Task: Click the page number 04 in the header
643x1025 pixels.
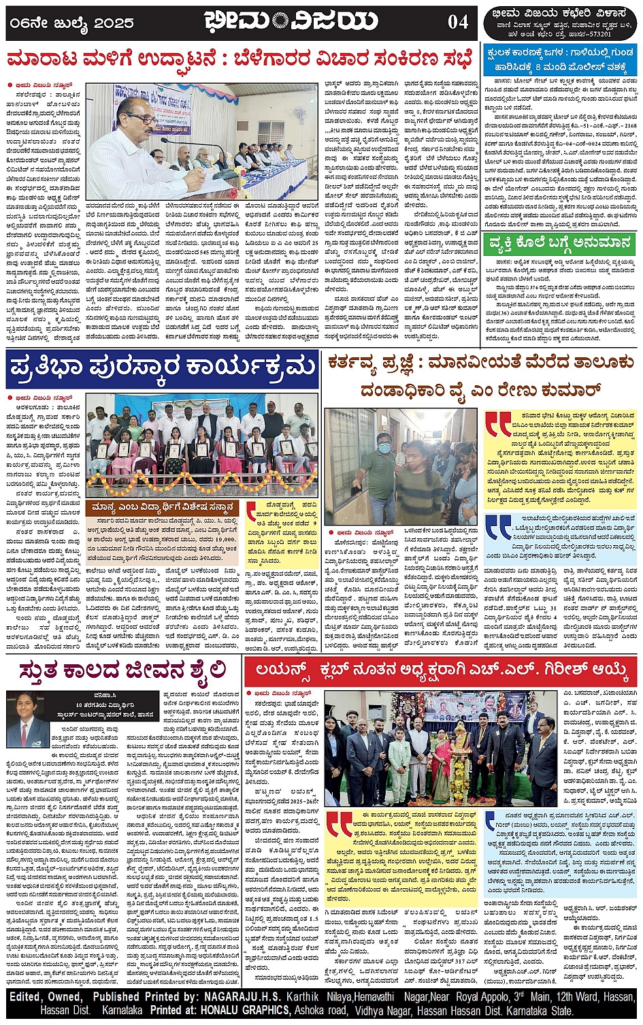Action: coord(457,22)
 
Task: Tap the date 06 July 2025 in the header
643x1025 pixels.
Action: coord(71,23)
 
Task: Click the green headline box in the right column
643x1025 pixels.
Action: coord(560,243)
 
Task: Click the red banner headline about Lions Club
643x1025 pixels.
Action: coord(441,670)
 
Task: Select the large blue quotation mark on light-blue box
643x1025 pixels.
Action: coord(498,525)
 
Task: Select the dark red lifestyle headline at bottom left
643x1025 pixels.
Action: coord(123,670)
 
